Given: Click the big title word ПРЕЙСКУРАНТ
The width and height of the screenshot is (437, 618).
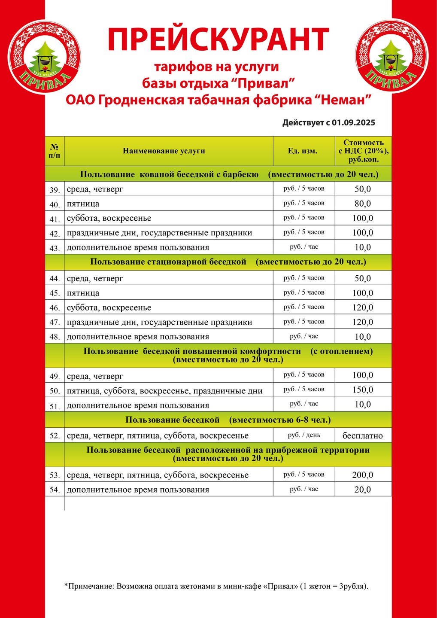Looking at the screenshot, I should point(218,40).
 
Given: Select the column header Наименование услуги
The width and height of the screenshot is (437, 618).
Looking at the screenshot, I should point(164,151).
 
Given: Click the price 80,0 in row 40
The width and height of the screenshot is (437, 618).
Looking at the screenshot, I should point(363,204).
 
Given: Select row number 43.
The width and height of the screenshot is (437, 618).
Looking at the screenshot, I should point(55,248).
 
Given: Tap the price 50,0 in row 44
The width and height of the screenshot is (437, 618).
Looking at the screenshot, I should point(363,278).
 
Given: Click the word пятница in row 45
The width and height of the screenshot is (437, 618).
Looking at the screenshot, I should point(83,293).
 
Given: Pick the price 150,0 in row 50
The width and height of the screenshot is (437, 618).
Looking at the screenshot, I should point(363,390).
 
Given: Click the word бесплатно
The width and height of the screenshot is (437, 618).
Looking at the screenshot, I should point(363,435).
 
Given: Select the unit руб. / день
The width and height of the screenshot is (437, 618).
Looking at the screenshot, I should point(304,435).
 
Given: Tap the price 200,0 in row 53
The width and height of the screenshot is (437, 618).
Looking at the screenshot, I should point(363,475).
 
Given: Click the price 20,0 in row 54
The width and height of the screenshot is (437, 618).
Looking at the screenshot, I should point(363,490).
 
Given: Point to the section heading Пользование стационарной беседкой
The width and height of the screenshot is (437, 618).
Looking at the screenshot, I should point(168,262).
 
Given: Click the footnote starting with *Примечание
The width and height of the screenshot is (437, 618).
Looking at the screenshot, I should point(216,586).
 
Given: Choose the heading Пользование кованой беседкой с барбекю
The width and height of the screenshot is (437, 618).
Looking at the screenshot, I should point(169,174).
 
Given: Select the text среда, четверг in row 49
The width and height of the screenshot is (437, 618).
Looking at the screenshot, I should point(95,377).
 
